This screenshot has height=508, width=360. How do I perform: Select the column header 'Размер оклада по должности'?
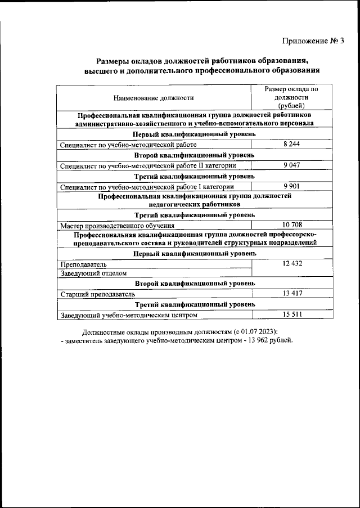291,97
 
